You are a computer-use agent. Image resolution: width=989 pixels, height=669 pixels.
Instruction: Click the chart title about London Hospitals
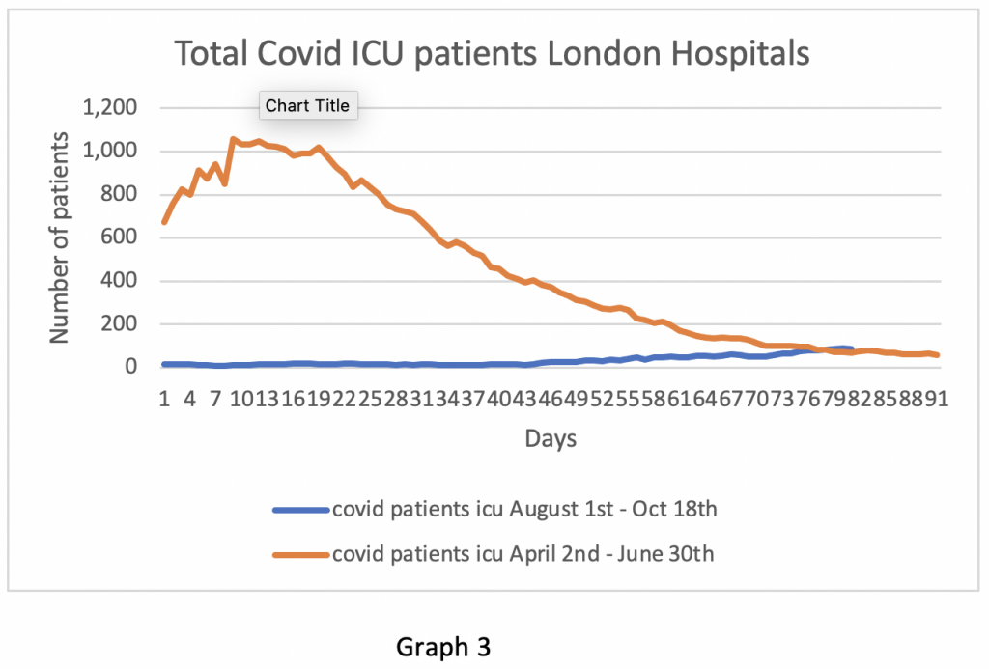tap(492, 54)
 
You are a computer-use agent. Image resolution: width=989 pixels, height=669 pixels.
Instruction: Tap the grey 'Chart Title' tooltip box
tap(308, 105)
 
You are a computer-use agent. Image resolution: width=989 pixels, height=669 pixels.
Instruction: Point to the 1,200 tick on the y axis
tap(111, 107)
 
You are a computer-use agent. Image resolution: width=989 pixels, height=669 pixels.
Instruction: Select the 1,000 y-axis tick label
tap(111, 151)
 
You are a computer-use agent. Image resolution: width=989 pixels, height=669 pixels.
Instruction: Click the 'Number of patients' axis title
tap(60, 237)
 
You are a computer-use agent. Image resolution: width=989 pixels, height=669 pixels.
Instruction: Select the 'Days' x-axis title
tap(551, 439)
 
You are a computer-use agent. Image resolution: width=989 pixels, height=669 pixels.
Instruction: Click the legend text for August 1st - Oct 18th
tap(524, 509)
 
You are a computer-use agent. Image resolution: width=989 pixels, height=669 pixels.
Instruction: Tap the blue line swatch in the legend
tap(300, 510)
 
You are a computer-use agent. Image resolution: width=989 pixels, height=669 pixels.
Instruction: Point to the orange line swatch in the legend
tap(300, 555)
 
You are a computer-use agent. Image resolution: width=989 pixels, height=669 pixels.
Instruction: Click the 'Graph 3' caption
tap(443, 648)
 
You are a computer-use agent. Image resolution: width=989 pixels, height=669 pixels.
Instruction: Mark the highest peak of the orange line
tap(233, 139)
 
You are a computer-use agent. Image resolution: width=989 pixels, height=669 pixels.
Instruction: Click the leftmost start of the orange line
tap(164, 222)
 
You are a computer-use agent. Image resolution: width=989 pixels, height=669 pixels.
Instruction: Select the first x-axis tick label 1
tap(164, 399)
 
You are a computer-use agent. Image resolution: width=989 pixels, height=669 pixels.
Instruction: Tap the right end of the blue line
tap(851, 348)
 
